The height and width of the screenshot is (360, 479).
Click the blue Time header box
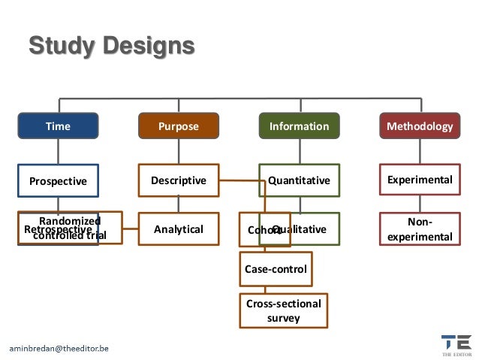pyautogui.click(x=58, y=126)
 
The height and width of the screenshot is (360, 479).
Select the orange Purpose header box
pyautogui.click(x=179, y=126)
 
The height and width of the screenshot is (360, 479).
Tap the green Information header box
pyautogui.click(x=299, y=126)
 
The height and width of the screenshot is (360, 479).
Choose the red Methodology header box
pyautogui.click(x=419, y=126)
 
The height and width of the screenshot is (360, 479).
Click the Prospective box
pyautogui.click(x=58, y=180)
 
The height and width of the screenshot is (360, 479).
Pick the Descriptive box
pyautogui.click(x=179, y=180)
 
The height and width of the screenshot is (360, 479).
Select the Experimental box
pyautogui.click(x=419, y=180)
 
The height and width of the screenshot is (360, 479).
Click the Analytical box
pyautogui.click(x=179, y=229)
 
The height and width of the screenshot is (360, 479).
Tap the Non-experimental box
pyautogui.click(x=419, y=229)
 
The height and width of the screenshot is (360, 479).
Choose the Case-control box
pyautogui.click(x=276, y=268)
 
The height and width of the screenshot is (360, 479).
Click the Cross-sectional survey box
pyautogui.click(x=283, y=310)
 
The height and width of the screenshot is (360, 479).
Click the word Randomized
pyautogui.click(x=69, y=221)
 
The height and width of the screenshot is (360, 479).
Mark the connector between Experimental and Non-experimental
pyautogui.click(x=419, y=204)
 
